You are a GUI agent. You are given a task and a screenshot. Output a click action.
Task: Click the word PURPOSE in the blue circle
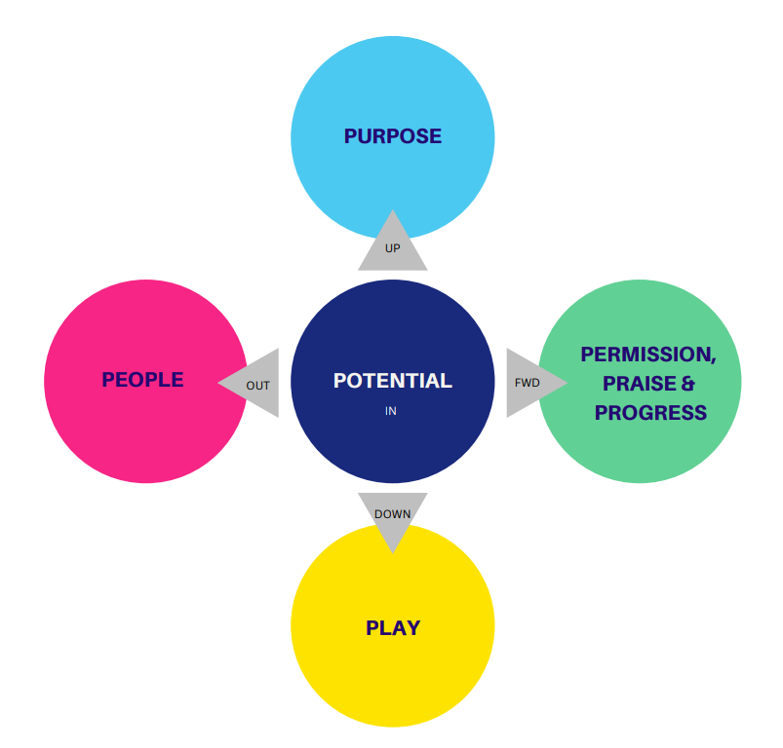click(392, 136)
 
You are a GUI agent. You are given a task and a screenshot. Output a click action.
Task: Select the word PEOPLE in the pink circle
click(142, 380)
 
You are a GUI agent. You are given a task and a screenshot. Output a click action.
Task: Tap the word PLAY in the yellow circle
click(392, 628)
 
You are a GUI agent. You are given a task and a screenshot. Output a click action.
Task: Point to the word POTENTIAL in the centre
click(392, 381)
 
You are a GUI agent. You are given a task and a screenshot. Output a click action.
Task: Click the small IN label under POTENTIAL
click(391, 411)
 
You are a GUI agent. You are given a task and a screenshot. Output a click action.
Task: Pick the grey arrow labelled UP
click(392, 243)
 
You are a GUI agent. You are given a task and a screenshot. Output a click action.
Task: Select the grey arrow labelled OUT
click(252, 383)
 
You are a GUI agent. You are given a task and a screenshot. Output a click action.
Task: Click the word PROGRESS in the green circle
click(650, 413)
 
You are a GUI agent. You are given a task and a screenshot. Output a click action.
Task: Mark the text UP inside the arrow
click(392, 248)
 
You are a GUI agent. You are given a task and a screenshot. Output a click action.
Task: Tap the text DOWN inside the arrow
click(392, 513)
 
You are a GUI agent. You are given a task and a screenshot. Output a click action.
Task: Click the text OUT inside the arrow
click(257, 386)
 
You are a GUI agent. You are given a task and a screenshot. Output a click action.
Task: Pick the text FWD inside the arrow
click(527, 383)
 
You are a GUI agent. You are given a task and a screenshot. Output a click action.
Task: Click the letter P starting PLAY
click(372, 628)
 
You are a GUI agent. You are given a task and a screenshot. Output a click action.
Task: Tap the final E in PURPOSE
click(435, 136)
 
